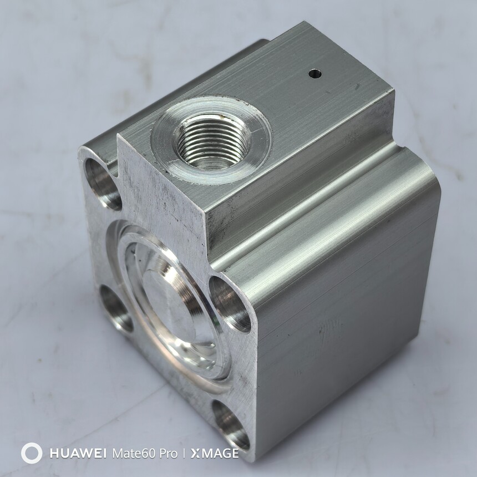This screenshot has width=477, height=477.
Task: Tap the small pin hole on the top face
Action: pos(315,74)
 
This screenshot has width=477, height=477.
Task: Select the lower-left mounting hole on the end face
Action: pos(115,308)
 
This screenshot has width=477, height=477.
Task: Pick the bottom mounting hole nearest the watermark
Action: pos(230,424)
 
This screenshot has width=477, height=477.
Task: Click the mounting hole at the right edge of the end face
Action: pos(230,303)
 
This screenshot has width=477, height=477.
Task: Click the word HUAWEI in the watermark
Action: pos(78,454)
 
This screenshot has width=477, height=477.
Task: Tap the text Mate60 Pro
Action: pos(145,454)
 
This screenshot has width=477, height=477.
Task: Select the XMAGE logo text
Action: pos(215,454)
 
